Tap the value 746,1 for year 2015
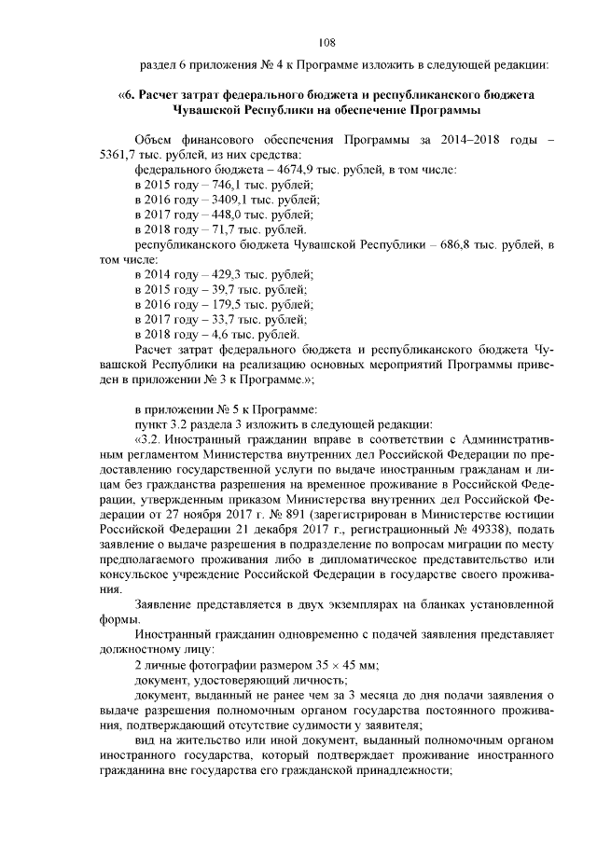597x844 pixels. point(213,185)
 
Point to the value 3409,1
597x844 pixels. point(216,200)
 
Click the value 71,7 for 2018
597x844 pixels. point(210,229)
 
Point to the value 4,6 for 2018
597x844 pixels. point(206,334)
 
